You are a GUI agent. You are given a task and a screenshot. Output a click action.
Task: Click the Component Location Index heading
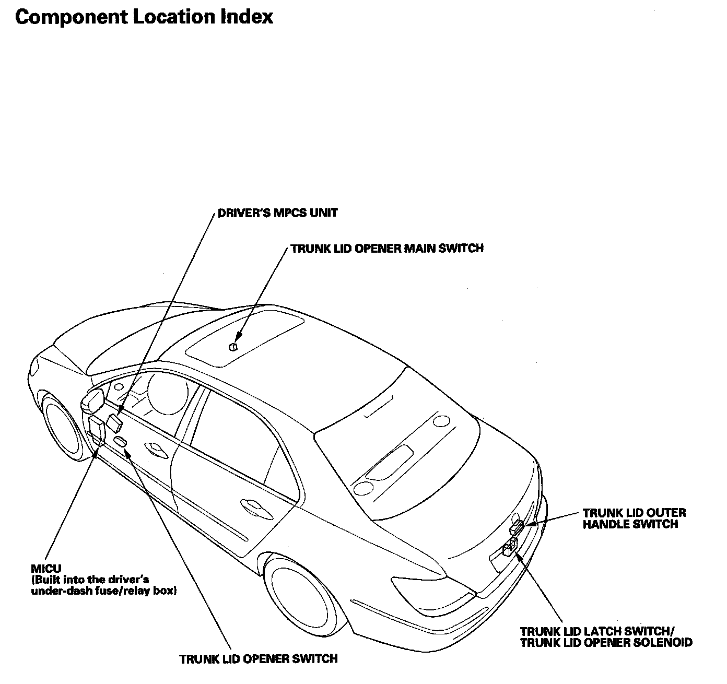click(x=144, y=17)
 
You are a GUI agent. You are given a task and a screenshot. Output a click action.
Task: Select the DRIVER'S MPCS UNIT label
click(x=277, y=213)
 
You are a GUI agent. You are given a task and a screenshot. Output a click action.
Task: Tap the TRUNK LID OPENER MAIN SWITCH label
click(x=387, y=249)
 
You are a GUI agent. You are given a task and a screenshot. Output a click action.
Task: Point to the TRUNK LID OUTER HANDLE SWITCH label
click(x=634, y=518)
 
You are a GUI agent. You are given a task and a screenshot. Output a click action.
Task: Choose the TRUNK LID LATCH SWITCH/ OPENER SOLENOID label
click(x=606, y=637)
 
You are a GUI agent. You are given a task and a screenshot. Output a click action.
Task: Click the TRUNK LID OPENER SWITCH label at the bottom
click(x=258, y=659)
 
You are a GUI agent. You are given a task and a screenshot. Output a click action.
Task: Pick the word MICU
click(x=46, y=568)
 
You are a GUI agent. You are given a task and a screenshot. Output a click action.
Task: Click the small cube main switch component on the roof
click(x=233, y=347)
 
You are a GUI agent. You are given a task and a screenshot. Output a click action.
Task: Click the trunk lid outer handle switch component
click(x=518, y=526)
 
